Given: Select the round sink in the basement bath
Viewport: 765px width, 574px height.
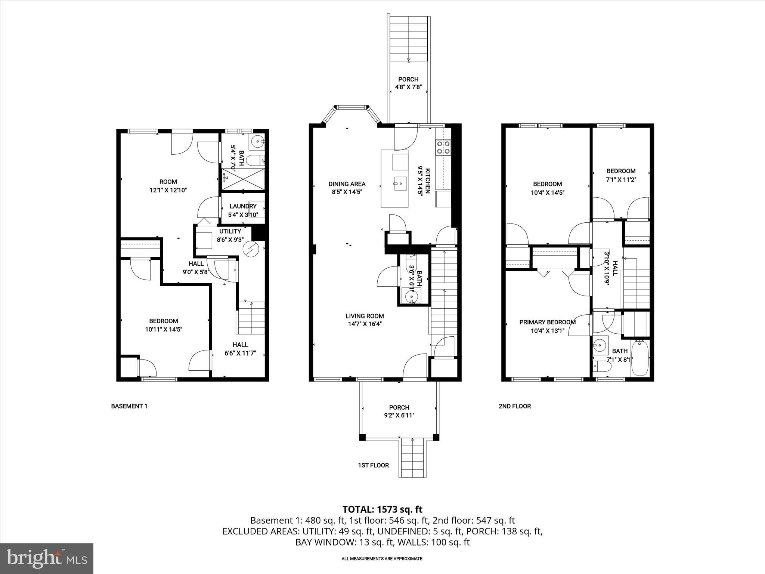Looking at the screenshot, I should [x=257, y=141].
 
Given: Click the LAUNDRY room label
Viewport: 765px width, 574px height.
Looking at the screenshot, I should [x=243, y=206].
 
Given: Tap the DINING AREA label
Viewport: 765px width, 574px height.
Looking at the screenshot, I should [x=347, y=184].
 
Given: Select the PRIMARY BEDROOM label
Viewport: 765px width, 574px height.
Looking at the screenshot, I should [x=547, y=322].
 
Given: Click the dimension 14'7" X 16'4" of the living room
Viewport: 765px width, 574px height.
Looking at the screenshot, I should [x=365, y=324].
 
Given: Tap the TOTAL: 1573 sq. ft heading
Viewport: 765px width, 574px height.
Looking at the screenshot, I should [x=382, y=509].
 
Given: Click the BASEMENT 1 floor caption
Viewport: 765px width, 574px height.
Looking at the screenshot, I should [x=129, y=406].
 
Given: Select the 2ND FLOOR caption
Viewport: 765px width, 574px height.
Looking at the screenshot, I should [x=514, y=406].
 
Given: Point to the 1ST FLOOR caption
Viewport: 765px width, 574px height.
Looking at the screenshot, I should [x=373, y=465].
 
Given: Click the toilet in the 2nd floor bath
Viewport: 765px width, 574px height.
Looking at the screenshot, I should [x=602, y=367].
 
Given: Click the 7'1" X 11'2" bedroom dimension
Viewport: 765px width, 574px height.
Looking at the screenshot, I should [x=620, y=179].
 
